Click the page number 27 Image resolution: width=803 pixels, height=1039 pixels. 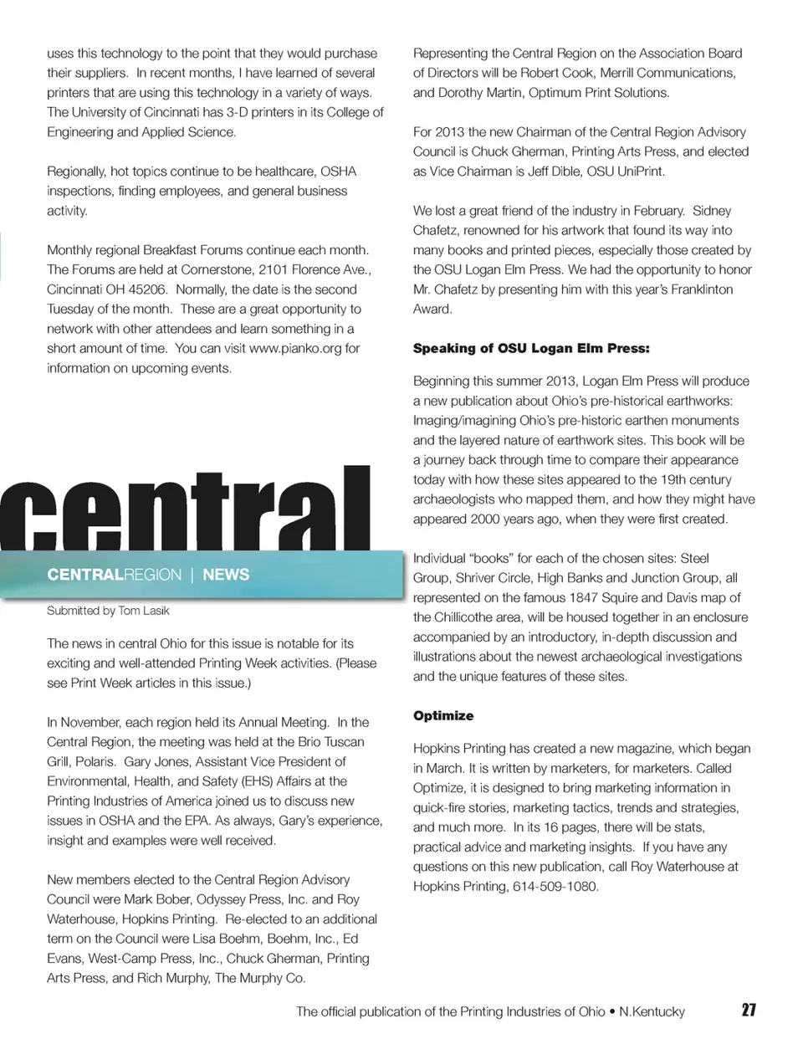point(749,1010)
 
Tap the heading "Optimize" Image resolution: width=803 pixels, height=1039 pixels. point(443,716)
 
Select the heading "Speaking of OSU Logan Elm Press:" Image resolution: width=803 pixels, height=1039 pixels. point(531,349)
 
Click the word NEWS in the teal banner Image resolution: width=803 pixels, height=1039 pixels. point(226,575)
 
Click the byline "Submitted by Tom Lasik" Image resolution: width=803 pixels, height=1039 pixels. point(108,611)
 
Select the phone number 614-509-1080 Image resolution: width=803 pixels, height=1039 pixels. point(555,887)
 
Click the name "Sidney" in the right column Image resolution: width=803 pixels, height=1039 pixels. point(712,211)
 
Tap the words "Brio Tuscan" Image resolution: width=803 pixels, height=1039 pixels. point(327,742)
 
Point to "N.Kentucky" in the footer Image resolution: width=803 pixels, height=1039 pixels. point(652,1011)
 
